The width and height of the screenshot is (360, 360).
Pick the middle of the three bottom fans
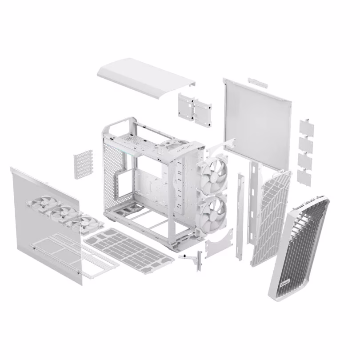click(x=64, y=213)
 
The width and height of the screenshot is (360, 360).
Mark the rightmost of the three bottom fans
click(x=88, y=223)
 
